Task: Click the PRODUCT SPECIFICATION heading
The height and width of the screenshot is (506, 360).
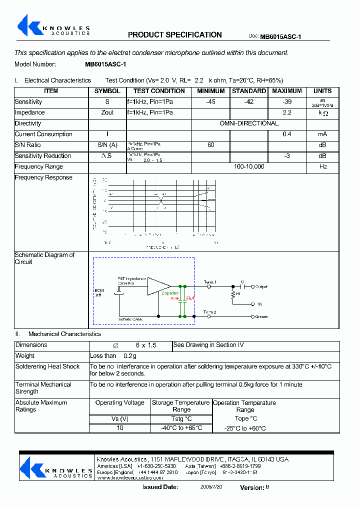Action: tap(174, 35)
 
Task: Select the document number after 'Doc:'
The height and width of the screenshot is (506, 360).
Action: tap(280, 36)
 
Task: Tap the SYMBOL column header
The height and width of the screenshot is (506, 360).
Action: tap(107, 91)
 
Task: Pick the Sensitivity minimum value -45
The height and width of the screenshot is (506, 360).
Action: tap(210, 102)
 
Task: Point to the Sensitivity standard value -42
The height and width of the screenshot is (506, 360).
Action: tap(249, 102)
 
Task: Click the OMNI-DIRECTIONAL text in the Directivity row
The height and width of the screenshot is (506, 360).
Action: tap(249, 123)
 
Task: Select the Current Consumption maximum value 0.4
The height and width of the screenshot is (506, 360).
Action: tap(286, 134)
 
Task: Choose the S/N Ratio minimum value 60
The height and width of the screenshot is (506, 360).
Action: tap(210, 145)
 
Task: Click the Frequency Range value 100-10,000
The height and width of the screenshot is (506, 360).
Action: tap(249, 167)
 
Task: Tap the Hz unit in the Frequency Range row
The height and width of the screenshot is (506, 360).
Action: tap(323, 167)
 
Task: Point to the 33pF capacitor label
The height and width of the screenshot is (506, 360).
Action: tap(190, 298)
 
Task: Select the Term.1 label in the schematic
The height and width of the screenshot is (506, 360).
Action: tap(210, 282)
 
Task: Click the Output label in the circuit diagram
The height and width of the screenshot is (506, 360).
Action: tap(261, 287)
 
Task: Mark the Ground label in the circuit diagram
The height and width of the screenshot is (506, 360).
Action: tap(261, 316)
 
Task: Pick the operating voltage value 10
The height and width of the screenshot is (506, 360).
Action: tap(120, 428)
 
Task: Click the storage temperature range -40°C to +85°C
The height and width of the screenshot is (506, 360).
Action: tap(181, 428)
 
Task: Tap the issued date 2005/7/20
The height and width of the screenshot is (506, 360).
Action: tap(211, 486)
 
